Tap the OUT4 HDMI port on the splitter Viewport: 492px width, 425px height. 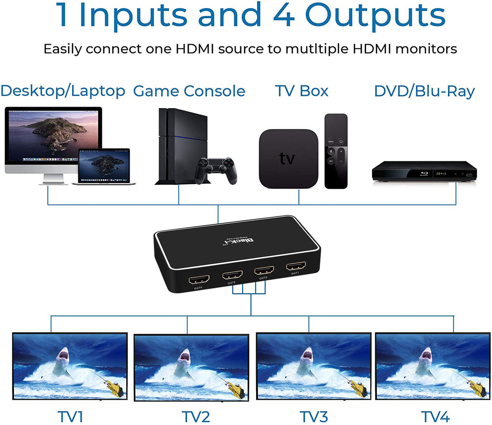pyautogui.click(x=199, y=279)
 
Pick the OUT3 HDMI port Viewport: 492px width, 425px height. pyautogui.click(x=232, y=275)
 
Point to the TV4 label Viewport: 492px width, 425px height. pyautogui.click(x=435, y=416)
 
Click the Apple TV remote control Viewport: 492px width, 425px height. pyautogui.click(x=336, y=151)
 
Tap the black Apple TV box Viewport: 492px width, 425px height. pyautogui.click(x=288, y=158)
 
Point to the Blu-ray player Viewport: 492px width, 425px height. pyautogui.click(x=424, y=171)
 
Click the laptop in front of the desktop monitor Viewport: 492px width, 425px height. pyautogui.click(x=104, y=166)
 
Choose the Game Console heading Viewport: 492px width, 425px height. pyautogui.click(x=189, y=91)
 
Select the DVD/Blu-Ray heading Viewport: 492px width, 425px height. pyautogui.click(x=424, y=91)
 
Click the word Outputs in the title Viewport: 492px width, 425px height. pyautogui.click(x=375, y=15)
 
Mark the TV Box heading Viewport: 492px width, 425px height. pyautogui.click(x=302, y=91)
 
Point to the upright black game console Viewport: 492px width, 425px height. pyautogui.click(x=175, y=146)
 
